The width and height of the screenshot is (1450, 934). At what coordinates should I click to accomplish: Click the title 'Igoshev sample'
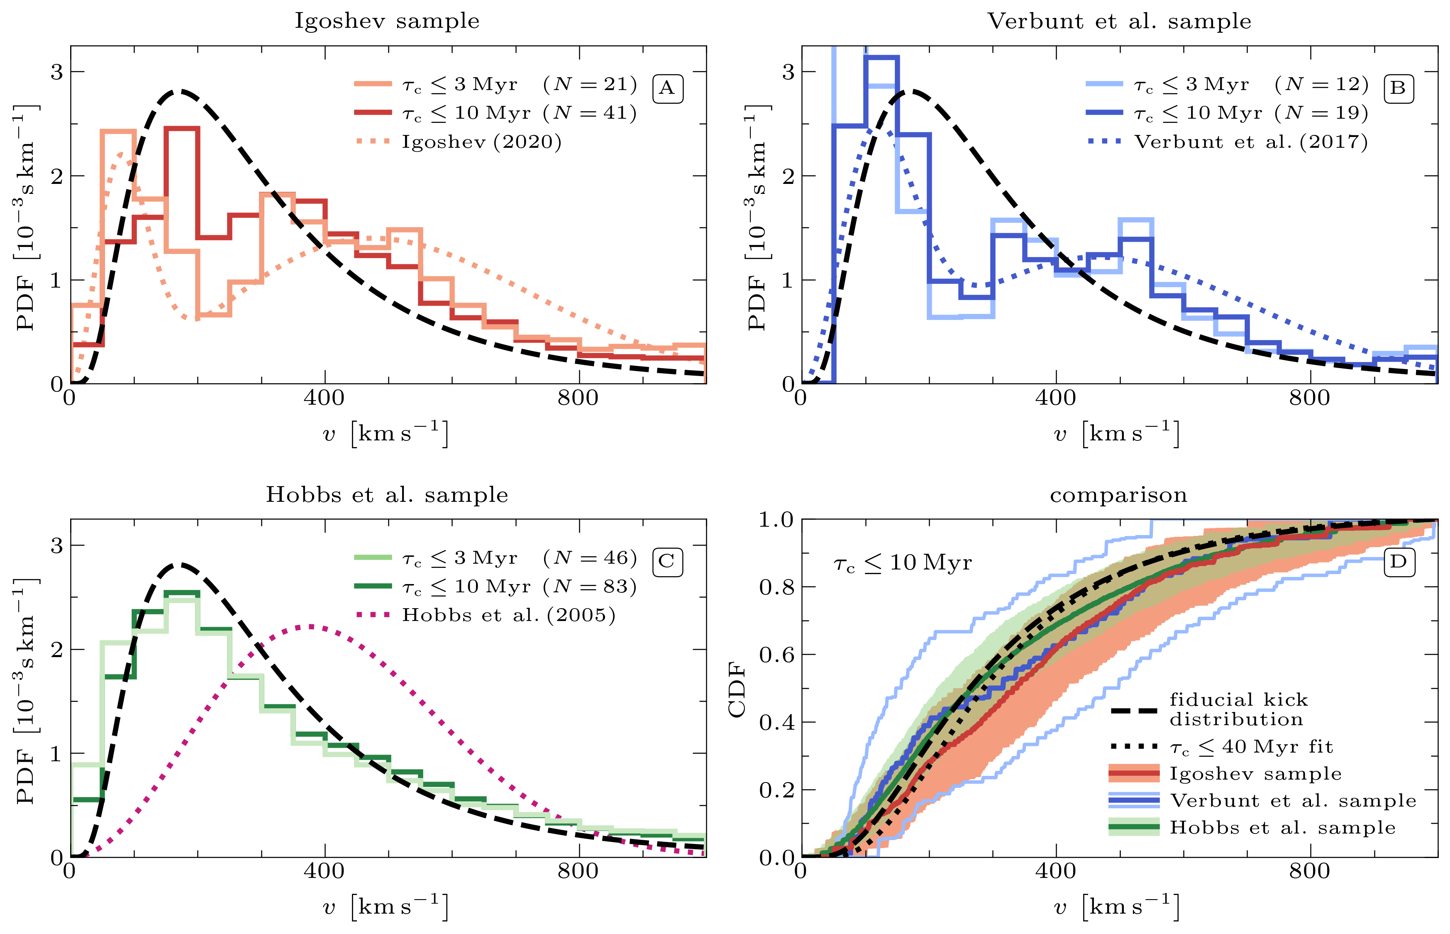tap(387, 21)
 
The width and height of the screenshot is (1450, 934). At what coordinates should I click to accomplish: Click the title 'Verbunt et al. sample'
tap(1119, 21)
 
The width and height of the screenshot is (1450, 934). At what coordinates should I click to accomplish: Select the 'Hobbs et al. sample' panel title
tap(387, 495)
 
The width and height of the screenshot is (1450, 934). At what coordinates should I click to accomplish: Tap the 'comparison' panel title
tap(1118, 495)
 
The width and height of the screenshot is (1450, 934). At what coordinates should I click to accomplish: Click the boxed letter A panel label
tap(667, 88)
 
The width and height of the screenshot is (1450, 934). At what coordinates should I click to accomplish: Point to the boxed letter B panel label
tap(1399, 88)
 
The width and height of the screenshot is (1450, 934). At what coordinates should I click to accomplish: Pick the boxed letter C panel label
tap(667, 562)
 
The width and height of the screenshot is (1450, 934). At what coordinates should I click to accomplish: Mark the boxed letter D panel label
tap(1399, 562)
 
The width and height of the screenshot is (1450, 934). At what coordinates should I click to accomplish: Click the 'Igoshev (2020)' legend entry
tap(481, 142)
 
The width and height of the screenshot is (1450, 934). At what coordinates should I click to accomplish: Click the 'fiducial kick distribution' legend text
tap(1238, 709)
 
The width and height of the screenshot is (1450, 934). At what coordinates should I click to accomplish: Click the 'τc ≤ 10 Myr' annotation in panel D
tap(903, 563)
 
